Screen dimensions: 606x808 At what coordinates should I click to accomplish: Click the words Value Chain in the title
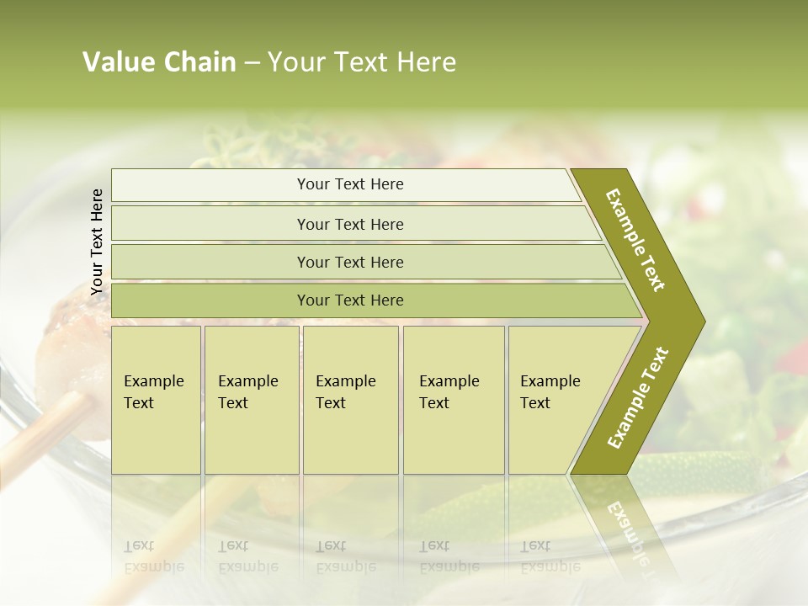click(159, 62)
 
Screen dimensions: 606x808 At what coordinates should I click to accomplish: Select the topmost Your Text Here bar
click(349, 184)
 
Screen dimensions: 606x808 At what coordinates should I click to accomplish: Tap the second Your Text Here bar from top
click(349, 224)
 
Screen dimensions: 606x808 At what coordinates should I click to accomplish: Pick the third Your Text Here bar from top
click(349, 262)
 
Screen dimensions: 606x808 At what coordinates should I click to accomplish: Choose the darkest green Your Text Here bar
click(349, 300)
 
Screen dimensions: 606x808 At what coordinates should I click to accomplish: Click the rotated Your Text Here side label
click(98, 242)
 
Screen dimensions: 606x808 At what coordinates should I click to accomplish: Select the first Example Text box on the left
click(156, 399)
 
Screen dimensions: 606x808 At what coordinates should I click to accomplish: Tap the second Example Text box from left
click(251, 399)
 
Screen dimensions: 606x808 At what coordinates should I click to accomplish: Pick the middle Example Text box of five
click(350, 399)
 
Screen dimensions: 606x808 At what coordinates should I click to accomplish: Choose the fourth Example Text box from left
click(453, 399)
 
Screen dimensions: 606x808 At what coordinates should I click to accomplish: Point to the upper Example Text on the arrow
click(635, 240)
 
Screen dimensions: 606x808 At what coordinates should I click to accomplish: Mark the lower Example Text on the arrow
click(637, 397)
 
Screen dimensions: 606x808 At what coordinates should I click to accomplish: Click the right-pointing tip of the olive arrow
click(700, 321)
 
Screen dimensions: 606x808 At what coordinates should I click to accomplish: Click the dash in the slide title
click(252, 62)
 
